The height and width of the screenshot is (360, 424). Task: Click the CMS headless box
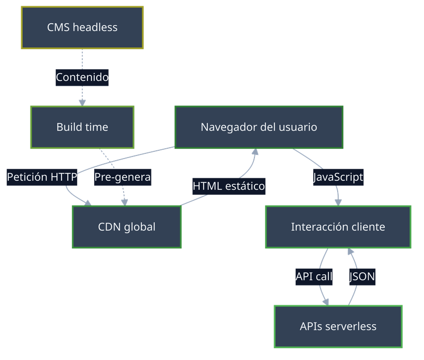click(82, 27)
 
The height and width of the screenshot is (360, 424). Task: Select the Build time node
click(82, 127)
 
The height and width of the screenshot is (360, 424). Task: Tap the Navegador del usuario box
click(259, 127)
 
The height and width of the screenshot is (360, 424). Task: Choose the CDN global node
click(127, 227)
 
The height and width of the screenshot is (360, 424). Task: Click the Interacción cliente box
click(338, 227)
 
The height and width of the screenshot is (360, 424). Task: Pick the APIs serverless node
click(338, 326)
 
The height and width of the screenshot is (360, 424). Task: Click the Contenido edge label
click(82, 77)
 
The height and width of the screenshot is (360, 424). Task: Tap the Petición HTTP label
click(42, 177)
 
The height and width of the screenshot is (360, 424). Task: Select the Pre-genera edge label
click(123, 177)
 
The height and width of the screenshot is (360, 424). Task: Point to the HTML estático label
click(229, 185)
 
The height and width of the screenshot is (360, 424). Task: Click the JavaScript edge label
click(338, 177)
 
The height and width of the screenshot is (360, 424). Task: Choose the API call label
click(314, 277)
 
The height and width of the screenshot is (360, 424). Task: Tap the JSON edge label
click(362, 277)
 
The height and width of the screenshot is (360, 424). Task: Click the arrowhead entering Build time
click(82, 102)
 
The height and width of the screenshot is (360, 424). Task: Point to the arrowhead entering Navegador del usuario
click(254, 153)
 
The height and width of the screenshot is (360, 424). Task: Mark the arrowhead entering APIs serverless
click(327, 301)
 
